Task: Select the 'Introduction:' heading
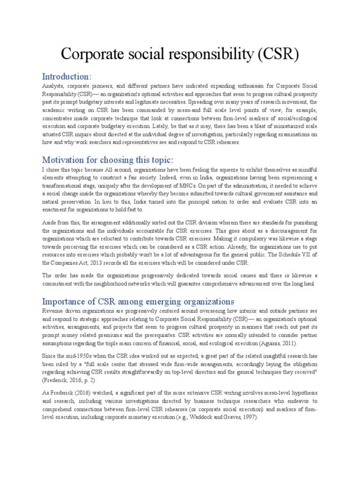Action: [67, 76]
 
